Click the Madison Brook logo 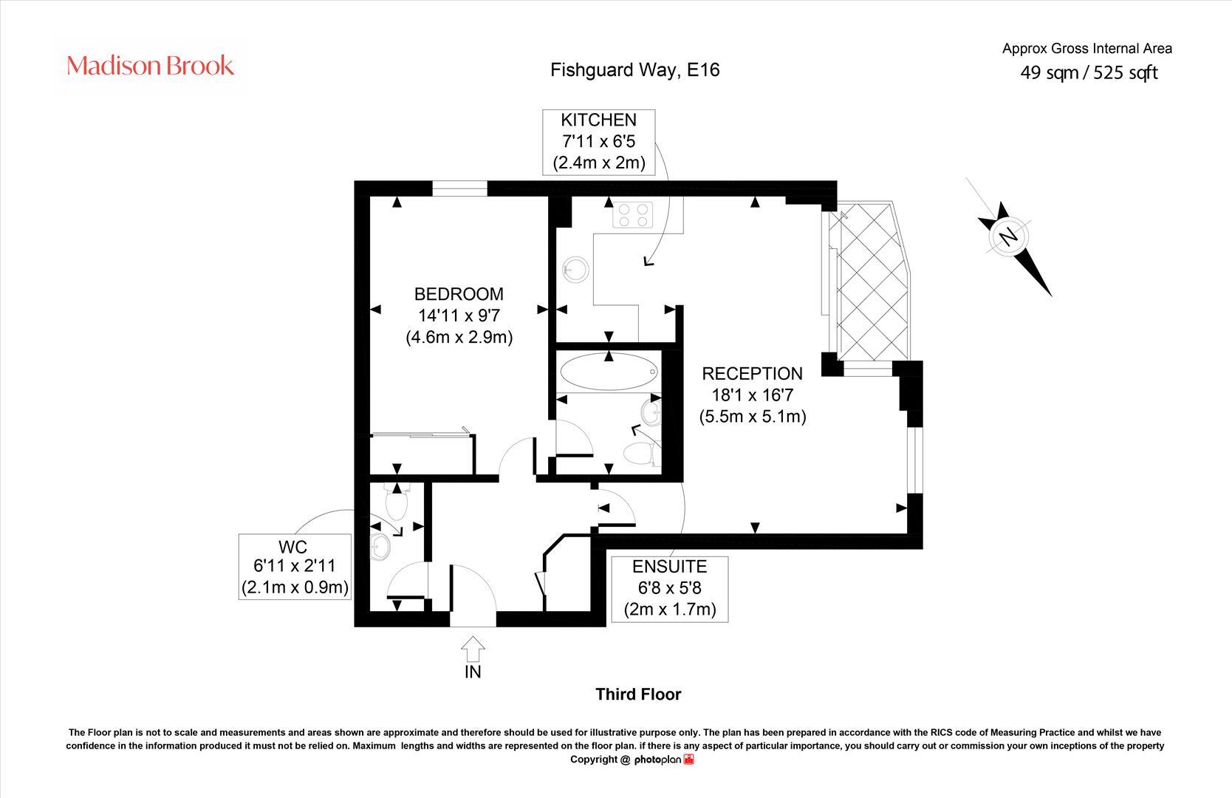[x=151, y=66]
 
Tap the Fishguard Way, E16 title [x=635, y=70]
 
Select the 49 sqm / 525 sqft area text [x=1089, y=72]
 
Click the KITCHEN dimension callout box [x=598, y=142]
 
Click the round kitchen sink [x=575, y=270]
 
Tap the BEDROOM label [x=459, y=294]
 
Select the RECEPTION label [x=752, y=374]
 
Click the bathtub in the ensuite [x=608, y=372]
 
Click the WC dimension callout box [x=295, y=567]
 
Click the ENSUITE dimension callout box [x=669, y=589]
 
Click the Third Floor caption [x=638, y=695]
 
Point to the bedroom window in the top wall [x=459, y=189]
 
